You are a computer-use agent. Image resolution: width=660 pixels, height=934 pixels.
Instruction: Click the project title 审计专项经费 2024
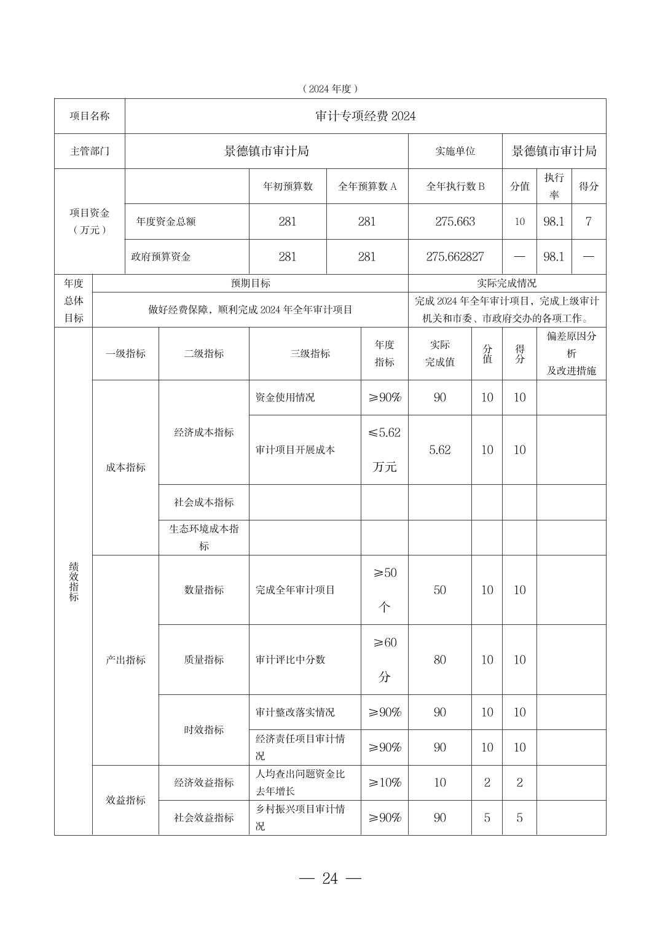(365, 116)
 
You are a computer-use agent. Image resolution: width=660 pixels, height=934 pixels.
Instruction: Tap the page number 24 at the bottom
(330, 879)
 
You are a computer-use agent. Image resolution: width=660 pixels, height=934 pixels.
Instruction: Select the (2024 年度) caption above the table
(330, 88)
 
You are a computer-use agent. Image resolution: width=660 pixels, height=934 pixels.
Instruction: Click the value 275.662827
(455, 257)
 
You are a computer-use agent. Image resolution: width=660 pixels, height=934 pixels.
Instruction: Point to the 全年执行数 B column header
(455, 186)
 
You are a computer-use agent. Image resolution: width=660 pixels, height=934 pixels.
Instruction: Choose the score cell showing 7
(588, 221)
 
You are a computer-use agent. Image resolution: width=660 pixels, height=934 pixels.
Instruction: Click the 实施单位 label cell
(455, 151)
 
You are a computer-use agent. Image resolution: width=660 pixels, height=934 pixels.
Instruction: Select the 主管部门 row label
(90, 151)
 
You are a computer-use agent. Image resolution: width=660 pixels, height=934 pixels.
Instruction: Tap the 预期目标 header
(250, 283)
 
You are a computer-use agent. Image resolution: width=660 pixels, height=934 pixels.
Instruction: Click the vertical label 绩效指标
(74, 581)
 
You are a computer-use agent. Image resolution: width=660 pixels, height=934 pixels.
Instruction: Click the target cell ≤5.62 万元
(384, 449)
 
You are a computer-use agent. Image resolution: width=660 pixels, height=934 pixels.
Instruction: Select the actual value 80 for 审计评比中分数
(439, 660)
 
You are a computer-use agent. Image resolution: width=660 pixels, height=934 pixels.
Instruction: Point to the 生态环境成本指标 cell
(204, 537)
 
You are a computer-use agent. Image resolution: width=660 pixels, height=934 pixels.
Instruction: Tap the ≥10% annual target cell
(384, 783)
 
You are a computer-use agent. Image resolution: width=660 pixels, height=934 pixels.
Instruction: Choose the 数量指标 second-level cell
(204, 590)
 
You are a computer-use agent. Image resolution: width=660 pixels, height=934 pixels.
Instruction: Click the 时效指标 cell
(204, 729)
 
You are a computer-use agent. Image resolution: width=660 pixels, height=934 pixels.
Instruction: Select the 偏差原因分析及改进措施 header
(571, 353)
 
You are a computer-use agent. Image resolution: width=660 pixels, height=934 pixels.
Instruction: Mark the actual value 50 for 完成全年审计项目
(439, 590)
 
